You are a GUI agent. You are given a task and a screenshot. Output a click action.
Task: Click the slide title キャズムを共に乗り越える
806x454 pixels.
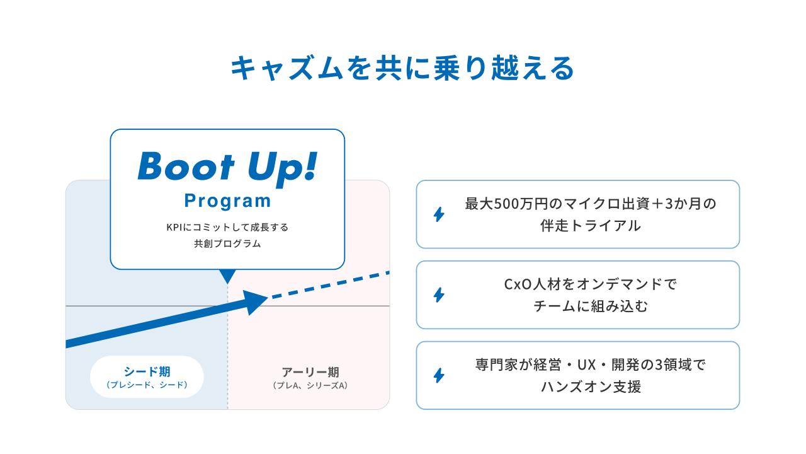point(402,68)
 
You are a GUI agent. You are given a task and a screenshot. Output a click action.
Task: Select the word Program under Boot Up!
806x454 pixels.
point(227,201)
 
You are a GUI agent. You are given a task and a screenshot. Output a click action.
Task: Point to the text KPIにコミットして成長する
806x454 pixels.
point(227,227)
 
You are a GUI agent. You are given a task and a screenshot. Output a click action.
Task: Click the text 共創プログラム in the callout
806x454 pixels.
point(227,243)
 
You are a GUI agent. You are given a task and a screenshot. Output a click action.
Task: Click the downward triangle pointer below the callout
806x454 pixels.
point(227,276)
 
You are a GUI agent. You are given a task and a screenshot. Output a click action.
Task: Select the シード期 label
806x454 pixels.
point(147,371)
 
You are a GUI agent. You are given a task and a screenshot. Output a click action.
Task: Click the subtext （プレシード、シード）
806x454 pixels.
point(147,385)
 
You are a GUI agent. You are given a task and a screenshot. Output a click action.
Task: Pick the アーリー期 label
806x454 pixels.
point(310,372)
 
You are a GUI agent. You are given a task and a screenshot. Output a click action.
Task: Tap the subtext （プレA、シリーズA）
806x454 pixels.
point(310,385)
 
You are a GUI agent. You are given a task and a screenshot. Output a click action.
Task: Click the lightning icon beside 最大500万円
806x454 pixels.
point(439,214)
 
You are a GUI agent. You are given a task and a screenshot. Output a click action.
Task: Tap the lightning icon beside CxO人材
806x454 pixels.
point(439,294)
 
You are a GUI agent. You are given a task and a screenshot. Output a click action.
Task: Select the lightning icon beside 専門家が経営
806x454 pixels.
point(439,375)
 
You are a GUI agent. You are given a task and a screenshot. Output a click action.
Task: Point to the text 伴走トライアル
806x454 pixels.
point(591,225)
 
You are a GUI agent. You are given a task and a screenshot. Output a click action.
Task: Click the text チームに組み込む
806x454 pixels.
point(591,306)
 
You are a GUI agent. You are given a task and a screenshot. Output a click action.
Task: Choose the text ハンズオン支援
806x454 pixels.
point(591,387)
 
